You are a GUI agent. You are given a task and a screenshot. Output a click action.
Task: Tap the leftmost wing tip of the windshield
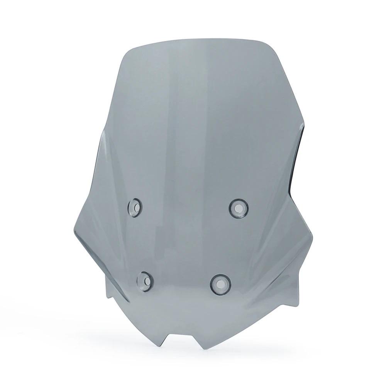click(73, 232)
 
